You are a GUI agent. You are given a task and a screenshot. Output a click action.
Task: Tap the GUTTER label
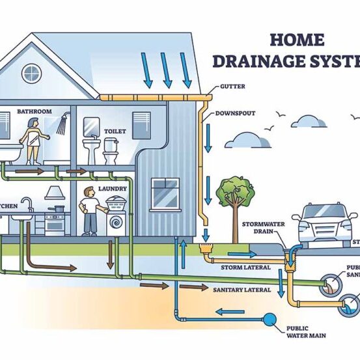tap(234, 86)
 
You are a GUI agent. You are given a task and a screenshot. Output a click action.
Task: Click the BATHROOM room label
tap(34, 111)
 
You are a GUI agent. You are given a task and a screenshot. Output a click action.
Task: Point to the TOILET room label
tap(115, 131)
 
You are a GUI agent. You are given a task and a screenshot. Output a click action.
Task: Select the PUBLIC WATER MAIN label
tap(305, 331)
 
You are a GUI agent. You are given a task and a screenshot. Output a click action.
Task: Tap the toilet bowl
tap(110, 157)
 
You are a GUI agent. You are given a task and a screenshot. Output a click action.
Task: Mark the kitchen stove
tap(55, 222)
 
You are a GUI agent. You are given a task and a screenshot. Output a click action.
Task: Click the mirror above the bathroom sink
tap(91, 127)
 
